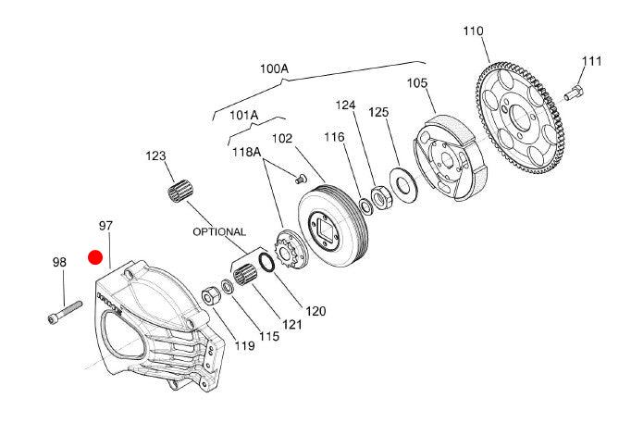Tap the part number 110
coord(473,31)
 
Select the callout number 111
coord(591,61)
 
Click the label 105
coord(417,83)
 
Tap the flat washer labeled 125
coord(402,183)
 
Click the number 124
coord(345,106)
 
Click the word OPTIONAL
coord(219,231)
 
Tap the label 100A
coord(274,68)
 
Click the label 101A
coord(243,116)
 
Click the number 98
coord(59,263)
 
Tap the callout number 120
coord(315,311)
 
